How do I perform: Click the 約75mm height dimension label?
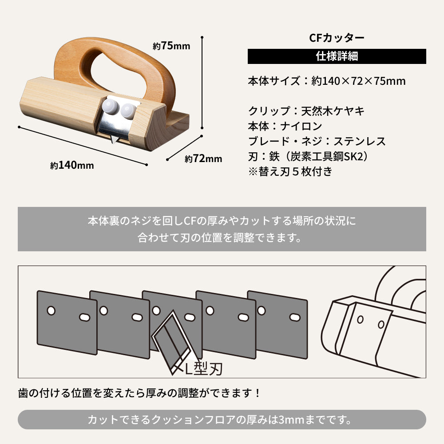click(171, 46)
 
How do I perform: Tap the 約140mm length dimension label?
click(72, 165)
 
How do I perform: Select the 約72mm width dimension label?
click(203, 159)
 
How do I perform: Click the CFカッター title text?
click(337, 38)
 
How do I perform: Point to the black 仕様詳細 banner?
click(337, 56)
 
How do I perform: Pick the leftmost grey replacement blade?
click(67, 322)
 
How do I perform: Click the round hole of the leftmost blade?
click(52, 310)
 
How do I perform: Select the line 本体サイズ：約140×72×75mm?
click(326, 81)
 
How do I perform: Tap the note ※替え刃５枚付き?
click(290, 172)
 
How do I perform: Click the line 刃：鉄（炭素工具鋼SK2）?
click(308, 157)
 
